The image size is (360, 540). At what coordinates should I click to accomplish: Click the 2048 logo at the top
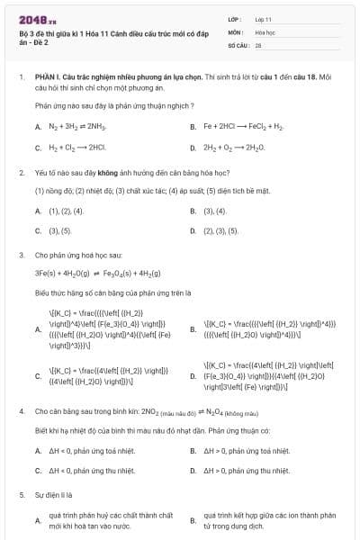36,19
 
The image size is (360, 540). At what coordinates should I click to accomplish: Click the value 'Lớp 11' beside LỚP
262,19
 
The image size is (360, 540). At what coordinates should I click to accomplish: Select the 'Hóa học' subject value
264,31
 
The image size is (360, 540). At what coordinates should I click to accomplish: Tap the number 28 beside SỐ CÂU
257,44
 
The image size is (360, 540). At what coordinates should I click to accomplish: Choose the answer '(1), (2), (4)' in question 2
65,211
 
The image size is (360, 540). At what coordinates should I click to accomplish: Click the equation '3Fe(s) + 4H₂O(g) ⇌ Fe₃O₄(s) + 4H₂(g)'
106,272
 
